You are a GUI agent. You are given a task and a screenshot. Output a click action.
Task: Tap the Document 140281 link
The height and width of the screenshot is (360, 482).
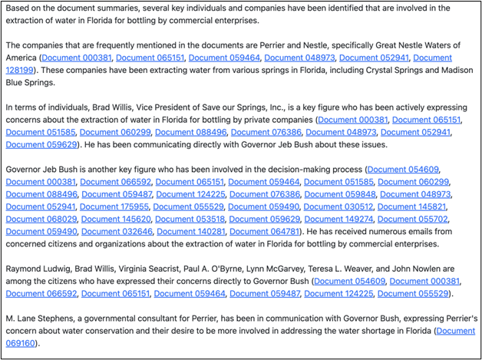point(190,231)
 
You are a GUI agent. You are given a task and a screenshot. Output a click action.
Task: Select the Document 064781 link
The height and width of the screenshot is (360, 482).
point(264,231)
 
